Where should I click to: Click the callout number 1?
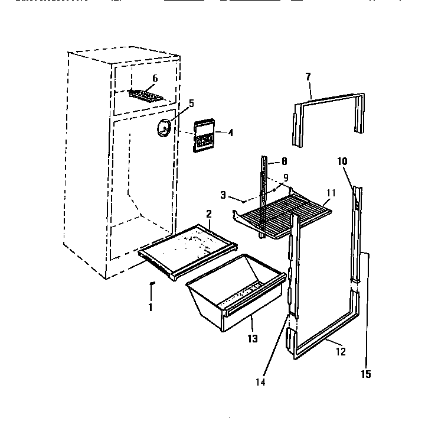(x=150, y=308)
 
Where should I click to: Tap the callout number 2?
(x=208, y=213)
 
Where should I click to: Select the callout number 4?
(x=230, y=133)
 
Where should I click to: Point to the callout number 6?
(x=155, y=78)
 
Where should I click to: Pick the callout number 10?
(x=342, y=161)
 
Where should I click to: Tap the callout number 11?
(x=331, y=193)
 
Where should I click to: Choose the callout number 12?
(x=341, y=352)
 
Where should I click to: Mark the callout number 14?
(x=260, y=382)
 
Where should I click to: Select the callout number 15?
(x=366, y=374)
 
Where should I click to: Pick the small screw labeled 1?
(x=151, y=285)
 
